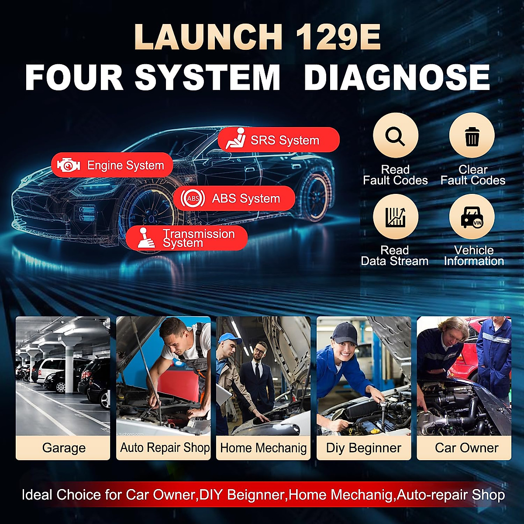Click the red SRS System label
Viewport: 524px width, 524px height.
tap(279, 140)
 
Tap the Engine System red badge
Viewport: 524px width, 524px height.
tap(112, 165)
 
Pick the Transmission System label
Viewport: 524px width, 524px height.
tap(187, 238)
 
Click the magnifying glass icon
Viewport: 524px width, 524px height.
tap(395, 136)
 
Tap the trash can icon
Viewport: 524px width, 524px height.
tap(472, 136)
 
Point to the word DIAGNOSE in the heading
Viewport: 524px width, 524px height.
tap(396, 78)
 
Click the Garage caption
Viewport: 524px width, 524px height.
tap(64, 448)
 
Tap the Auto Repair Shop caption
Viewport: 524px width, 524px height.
tap(165, 448)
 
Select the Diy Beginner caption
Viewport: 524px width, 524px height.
tap(363, 448)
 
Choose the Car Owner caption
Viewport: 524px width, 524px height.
tap(466, 448)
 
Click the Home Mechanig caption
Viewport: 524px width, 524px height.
tap(263, 448)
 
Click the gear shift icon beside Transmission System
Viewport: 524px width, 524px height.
tap(145, 238)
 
